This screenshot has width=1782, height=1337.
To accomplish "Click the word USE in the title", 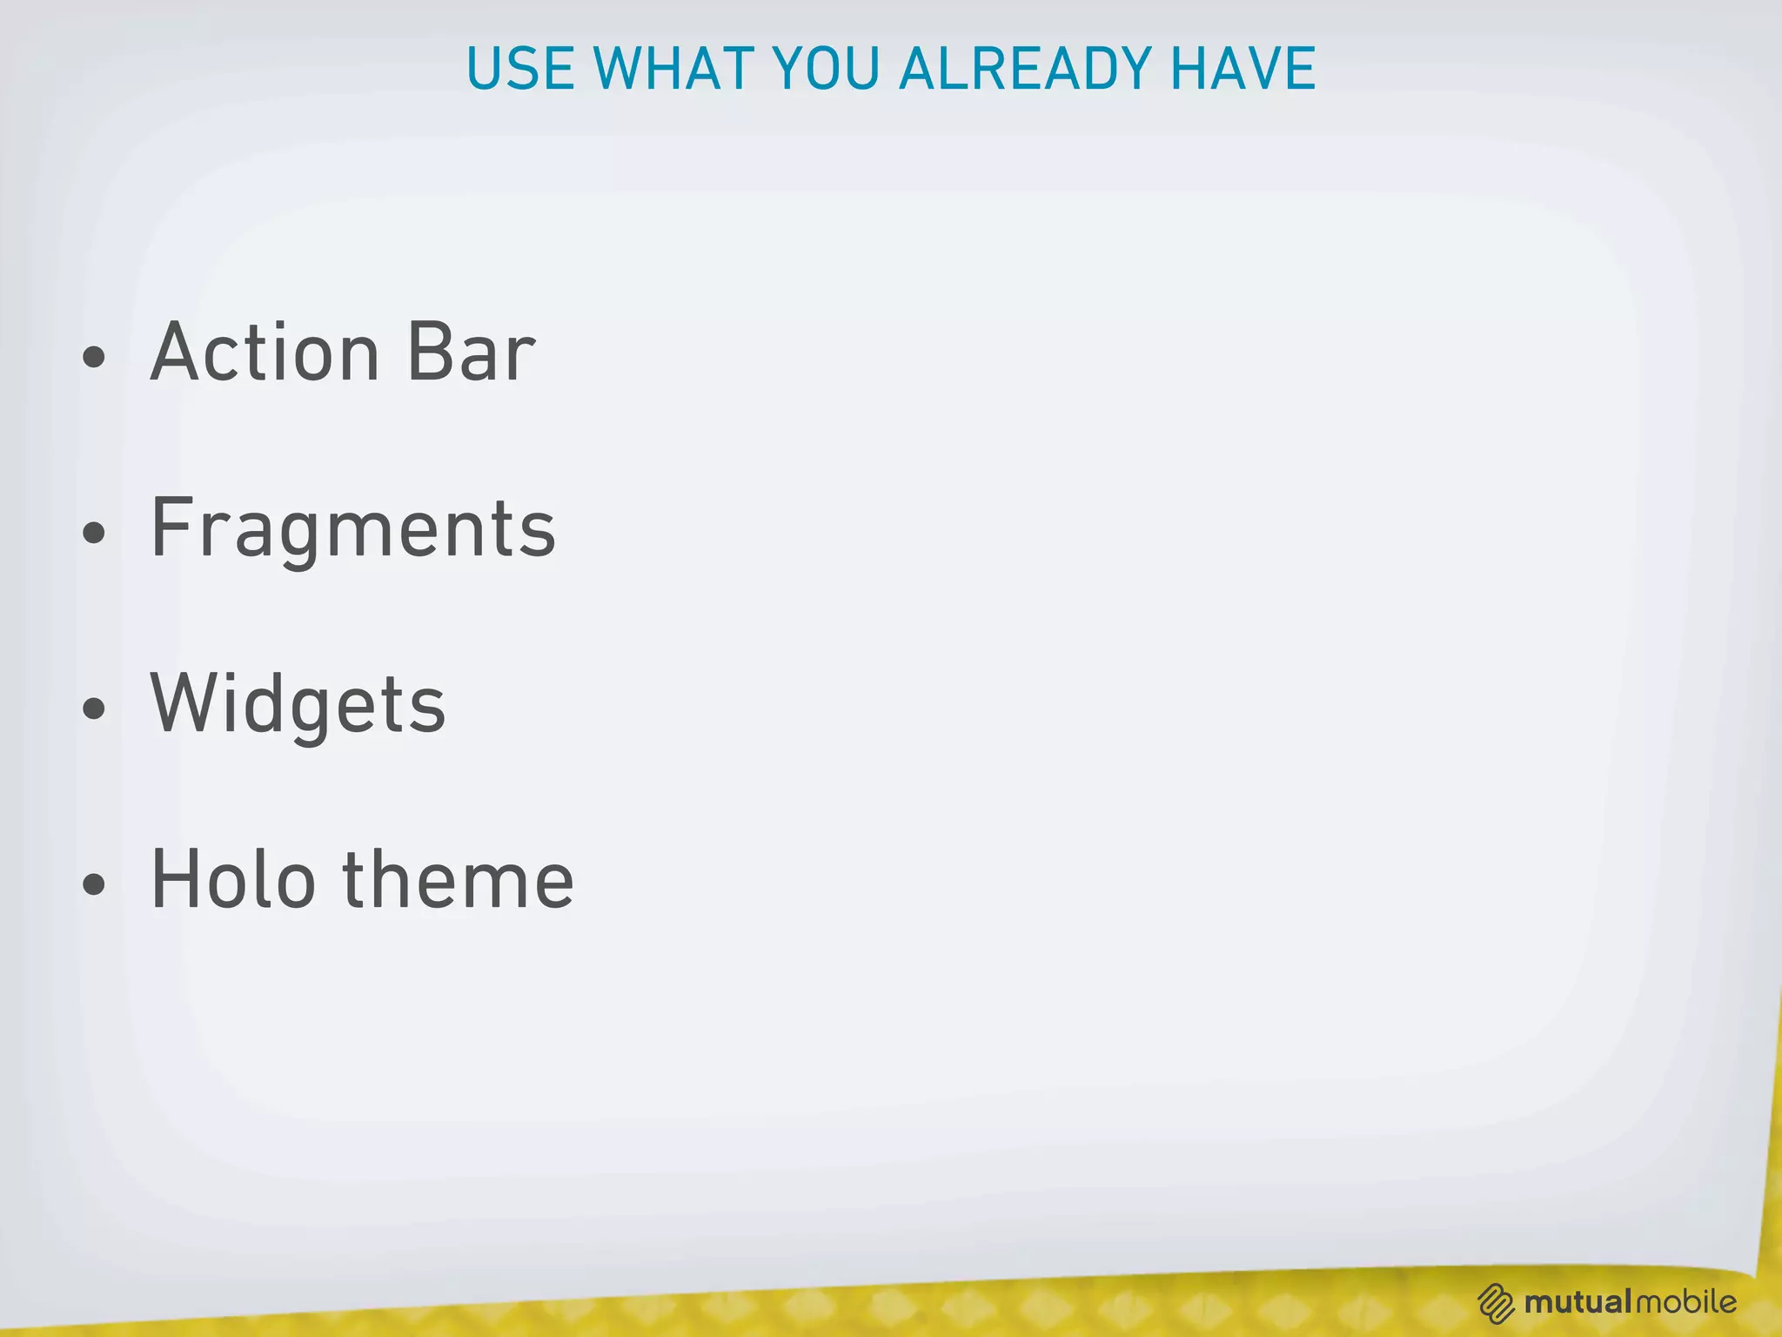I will [x=520, y=69].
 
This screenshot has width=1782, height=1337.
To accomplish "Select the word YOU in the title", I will [x=826, y=69].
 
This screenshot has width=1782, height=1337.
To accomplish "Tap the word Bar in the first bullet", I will [x=471, y=353].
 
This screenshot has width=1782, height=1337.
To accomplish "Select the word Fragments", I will [x=352, y=528].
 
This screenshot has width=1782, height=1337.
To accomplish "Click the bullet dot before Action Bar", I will [x=93, y=358].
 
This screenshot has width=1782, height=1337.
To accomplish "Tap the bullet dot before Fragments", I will [x=93, y=534].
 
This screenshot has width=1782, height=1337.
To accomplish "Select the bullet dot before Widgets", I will [x=93, y=709].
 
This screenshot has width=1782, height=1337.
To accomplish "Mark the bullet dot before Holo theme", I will [x=93, y=885].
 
